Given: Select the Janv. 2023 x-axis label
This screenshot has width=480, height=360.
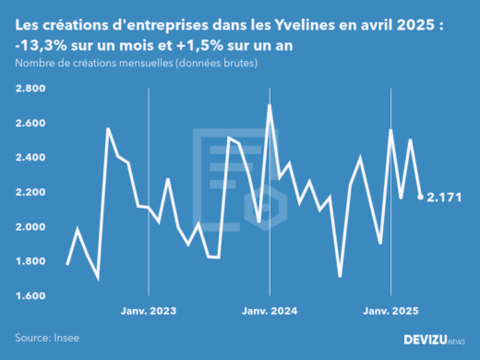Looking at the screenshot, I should tap(149, 311).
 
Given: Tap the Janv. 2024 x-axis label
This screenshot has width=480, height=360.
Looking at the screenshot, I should tap(269, 311).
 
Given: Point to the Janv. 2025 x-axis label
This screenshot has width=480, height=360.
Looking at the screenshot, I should tap(390, 311).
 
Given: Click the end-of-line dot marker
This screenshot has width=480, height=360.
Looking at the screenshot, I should tap(421, 197).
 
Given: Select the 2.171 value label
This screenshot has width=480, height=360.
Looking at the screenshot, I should tap(445, 197).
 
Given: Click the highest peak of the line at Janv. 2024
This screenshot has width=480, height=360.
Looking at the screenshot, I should tap(269, 105).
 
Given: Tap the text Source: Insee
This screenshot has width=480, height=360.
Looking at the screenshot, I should tap(46, 339).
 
